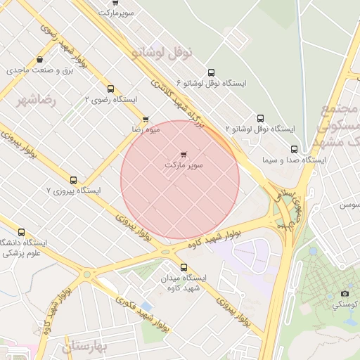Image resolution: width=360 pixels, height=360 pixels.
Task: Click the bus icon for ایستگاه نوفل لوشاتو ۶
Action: tap(211, 72)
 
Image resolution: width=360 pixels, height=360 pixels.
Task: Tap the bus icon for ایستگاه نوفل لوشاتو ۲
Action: tap(260, 118)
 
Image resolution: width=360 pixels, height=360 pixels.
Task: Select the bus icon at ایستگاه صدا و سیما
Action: tap(294, 149)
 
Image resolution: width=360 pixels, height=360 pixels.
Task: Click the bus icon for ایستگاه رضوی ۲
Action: tap(110, 89)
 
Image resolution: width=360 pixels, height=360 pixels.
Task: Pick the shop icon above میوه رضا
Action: tap(146, 120)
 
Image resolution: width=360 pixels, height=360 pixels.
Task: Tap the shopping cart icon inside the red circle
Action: tap(184, 153)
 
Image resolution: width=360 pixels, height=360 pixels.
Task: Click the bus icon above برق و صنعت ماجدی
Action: tap(39, 59)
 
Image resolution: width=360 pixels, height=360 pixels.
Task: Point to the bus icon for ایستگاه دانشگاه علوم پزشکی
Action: tap(21, 232)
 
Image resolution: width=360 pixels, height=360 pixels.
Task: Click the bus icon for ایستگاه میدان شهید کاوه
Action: tap(184, 267)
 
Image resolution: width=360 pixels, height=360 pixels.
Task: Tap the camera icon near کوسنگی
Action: tap(345, 293)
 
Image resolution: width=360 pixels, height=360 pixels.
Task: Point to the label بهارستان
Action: tap(82, 347)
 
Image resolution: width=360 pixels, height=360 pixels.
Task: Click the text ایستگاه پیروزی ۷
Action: tap(74, 191)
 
